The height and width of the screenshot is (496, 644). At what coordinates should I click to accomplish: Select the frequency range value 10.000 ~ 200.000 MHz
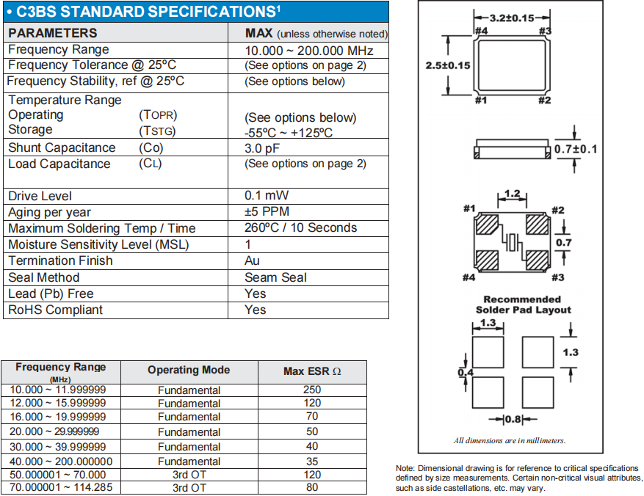tap(309, 50)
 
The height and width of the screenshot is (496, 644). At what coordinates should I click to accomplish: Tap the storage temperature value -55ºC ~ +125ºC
tap(289, 133)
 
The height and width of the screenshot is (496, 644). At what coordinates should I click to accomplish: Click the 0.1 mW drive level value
tap(267, 196)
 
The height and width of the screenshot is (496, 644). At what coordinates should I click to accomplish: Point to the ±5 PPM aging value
tap(267, 212)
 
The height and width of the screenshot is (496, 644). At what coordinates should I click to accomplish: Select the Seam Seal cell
tap(275, 277)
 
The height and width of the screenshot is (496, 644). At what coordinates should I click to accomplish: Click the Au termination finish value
tap(252, 260)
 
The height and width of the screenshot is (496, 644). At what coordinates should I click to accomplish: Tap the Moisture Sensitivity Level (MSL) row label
tap(98, 244)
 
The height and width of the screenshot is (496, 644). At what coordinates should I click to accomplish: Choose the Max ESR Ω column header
tap(312, 371)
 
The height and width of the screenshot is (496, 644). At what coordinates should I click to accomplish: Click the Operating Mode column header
tap(189, 371)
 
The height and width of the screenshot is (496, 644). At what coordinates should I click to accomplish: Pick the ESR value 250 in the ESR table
tap(312, 390)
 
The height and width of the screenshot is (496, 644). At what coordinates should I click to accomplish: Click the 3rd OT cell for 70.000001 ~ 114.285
tap(189, 487)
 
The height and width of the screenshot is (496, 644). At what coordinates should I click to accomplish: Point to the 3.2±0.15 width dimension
tap(512, 18)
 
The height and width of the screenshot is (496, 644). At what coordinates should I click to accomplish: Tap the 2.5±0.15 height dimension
tap(448, 65)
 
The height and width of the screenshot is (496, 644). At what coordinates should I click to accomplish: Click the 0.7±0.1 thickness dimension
tap(576, 149)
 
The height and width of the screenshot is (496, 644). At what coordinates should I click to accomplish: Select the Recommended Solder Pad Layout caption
tap(523, 304)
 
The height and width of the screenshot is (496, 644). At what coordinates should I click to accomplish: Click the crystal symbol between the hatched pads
tap(512, 241)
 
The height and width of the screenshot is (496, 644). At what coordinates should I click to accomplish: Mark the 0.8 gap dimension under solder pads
tap(512, 420)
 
